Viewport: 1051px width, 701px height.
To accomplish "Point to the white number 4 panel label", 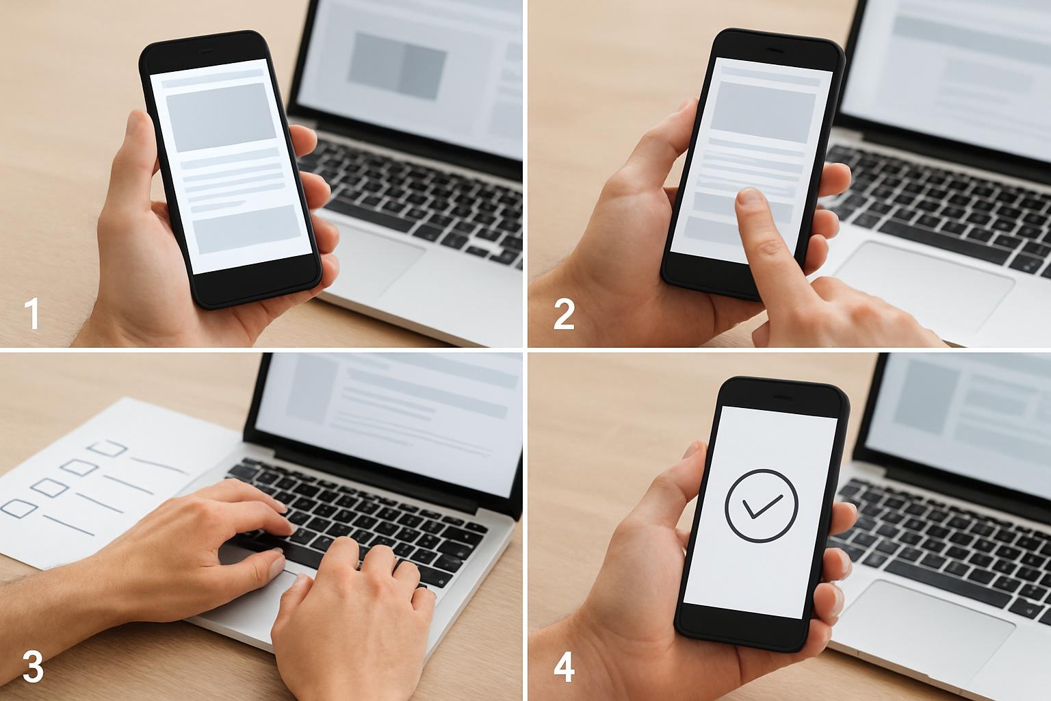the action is pos(564,667).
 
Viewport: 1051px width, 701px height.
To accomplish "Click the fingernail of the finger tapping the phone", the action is pos(750,196).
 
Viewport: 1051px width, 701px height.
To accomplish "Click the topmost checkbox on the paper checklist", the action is pos(108,448).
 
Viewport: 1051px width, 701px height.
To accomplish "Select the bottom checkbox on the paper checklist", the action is pos(18,509).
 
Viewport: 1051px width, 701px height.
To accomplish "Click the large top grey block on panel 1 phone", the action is pos(220,117).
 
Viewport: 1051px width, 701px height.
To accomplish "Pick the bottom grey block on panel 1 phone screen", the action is pos(247,229).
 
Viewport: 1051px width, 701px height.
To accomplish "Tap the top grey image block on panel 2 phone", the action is pos(762,112).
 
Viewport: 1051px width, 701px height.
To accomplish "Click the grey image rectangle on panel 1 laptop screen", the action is pos(397,66).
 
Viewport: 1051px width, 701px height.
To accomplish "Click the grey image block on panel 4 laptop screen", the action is pos(925,397).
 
